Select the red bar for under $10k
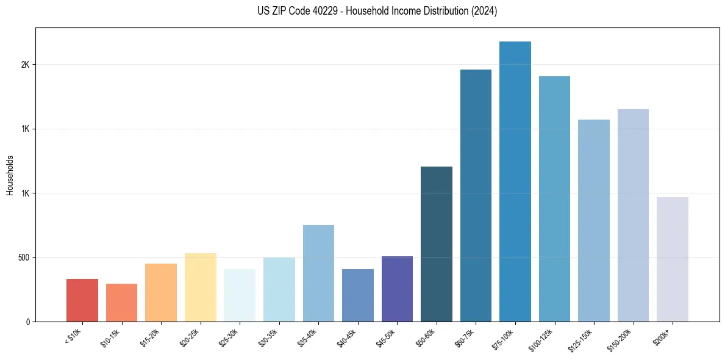82,300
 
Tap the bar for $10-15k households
121,303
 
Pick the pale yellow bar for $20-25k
200,287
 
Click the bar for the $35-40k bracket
318,273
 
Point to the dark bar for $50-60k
437,244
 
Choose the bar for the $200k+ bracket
673,259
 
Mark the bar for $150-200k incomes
633,215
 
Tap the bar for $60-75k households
476,195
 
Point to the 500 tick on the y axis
24,257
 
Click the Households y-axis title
10,175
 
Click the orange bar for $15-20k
161,292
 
